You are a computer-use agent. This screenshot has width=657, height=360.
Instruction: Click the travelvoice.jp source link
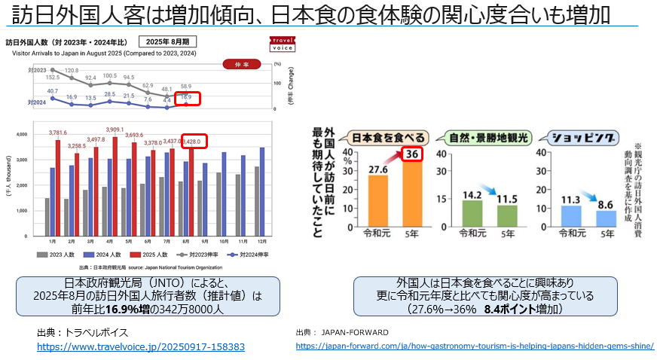(x=141, y=346)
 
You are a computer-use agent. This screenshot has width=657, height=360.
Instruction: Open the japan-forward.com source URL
(x=475, y=346)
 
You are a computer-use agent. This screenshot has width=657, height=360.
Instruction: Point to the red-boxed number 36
(x=411, y=154)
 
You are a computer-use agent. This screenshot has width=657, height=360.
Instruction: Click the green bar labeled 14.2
(x=472, y=212)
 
